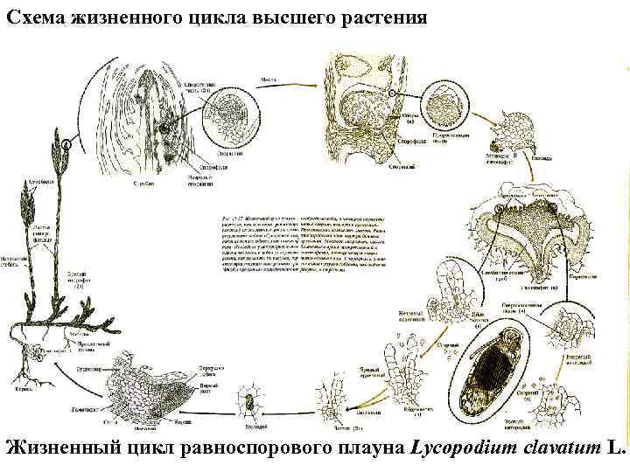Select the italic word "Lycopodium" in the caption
click(465, 448)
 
